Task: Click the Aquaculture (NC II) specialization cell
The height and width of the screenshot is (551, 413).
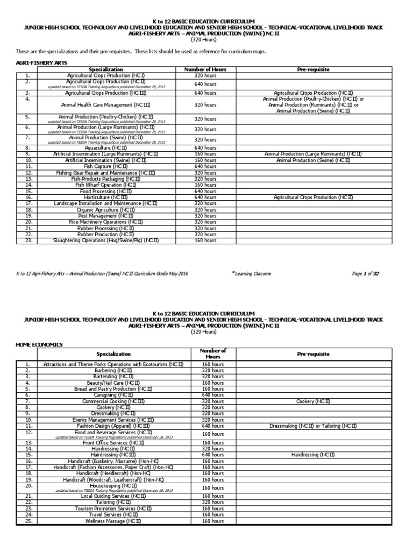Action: [x=105, y=147]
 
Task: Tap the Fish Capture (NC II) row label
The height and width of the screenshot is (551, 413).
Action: [x=105, y=166]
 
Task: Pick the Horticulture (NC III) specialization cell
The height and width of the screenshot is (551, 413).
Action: [x=105, y=197]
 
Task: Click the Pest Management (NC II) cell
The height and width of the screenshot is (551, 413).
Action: [x=105, y=216]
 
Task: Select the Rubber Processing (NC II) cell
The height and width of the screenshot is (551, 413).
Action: [x=105, y=228]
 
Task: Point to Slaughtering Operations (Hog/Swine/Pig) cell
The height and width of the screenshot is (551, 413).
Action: [x=105, y=241]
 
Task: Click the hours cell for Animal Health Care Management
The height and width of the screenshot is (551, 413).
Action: [x=205, y=105]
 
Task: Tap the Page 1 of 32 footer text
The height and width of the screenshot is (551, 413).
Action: [x=366, y=274]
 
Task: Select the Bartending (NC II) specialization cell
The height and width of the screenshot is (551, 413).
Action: [x=113, y=377]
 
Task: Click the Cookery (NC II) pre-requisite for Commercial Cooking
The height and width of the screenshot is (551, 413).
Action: [x=313, y=401]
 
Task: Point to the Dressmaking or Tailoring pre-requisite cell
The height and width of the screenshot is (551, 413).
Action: [x=313, y=426]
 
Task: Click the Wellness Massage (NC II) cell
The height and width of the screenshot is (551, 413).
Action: [x=113, y=521]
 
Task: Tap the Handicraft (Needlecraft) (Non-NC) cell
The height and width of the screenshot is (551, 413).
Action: [x=113, y=474]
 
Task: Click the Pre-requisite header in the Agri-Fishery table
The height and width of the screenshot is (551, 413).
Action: [x=313, y=70]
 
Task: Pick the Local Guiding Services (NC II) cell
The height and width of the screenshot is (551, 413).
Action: [x=113, y=496]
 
